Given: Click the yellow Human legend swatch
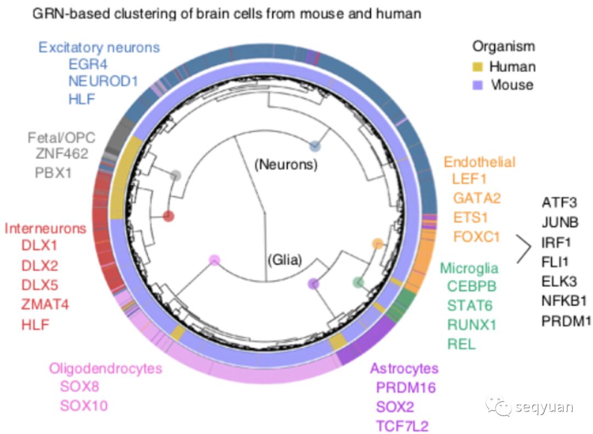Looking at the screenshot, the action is tap(478, 66).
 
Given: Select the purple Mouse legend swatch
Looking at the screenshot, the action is tap(478, 85).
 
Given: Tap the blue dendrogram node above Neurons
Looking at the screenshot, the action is tap(315, 146).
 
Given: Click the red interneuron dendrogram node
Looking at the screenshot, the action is tap(169, 216).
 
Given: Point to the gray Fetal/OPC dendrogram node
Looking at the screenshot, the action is tap(176, 176).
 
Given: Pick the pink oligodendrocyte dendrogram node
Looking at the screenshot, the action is tap(215, 260).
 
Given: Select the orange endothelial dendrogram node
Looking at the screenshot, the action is tap(378, 244).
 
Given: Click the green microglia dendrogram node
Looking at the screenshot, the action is tap(358, 282).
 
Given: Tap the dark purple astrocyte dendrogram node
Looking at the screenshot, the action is tap(313, 283).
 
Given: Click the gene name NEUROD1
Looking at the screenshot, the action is tap(103, 81).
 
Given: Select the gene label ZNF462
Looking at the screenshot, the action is tap(61, 154).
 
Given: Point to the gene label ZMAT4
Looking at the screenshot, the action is tap(45, 304).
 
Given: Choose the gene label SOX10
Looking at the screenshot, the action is tap(84, 405).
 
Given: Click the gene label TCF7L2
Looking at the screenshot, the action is tap(402, 426).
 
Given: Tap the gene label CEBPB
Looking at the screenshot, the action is tap(472, 286).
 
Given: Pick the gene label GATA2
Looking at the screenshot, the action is tap(477, 198).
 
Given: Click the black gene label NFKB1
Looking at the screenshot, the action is tap(564, 301).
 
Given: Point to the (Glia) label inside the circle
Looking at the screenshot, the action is tap(285, 260).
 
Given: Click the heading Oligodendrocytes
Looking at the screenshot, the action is tap(105, 369).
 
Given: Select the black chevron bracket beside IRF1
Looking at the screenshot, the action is tap(524, 249).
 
